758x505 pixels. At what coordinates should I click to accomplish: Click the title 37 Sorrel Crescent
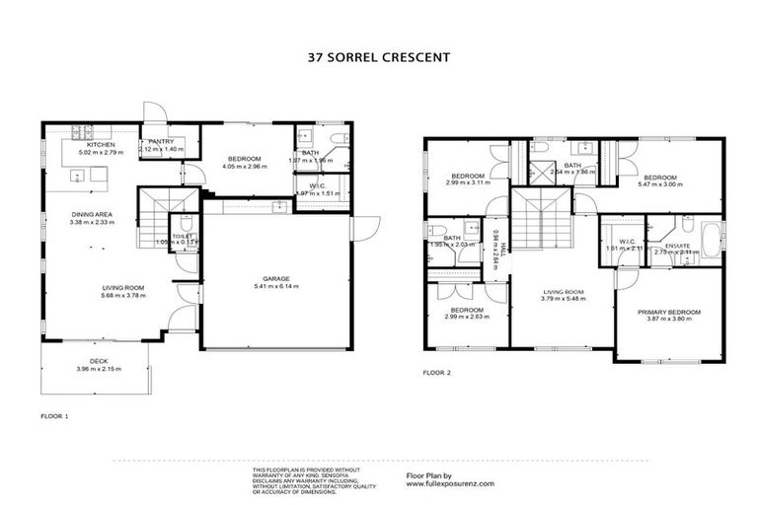[379, 57]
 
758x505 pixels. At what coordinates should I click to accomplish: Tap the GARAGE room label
[276, 278]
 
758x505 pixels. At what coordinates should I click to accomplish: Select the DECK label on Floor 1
[99, 361]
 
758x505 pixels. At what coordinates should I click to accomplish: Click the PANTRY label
[161, 141]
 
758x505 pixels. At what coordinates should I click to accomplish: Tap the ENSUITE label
[678, 246]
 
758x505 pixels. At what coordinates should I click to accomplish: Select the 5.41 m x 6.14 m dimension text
[276, 286]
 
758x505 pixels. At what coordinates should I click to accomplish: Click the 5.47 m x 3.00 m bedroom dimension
[660, 184]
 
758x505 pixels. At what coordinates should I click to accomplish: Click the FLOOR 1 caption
[54, 415]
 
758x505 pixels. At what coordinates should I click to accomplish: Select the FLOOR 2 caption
[436, 373]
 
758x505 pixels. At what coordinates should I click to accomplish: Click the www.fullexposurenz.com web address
[450, 483]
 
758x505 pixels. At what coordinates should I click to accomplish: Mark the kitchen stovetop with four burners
[79, 130]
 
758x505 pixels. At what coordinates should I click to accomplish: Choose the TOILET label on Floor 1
[181, 236]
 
